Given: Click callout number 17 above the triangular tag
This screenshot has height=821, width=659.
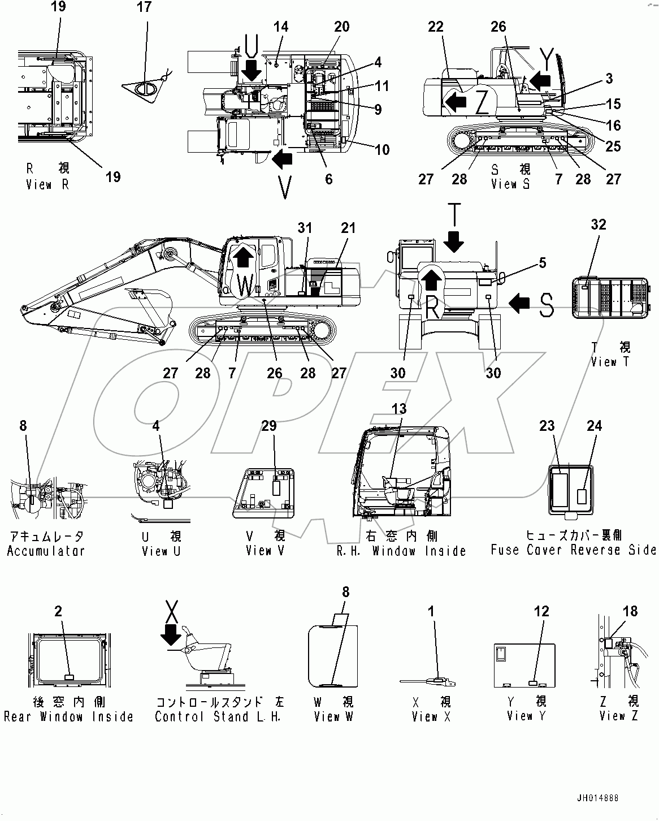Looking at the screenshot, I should tap(145, 7).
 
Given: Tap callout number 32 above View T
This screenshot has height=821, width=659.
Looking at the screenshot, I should tap(599, 224).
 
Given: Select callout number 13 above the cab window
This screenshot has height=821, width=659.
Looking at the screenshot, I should tap(399, 408).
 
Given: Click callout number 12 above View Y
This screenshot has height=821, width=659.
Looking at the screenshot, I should tap(541, 611).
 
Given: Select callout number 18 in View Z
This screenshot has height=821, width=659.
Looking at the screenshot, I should tap(630, 611).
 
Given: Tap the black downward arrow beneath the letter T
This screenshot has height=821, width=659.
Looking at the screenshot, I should tap(453, 243).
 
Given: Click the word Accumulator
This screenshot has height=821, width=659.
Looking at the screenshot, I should tap(46, 551).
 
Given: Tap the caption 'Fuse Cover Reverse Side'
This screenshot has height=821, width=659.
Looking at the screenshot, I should tap(573, 550).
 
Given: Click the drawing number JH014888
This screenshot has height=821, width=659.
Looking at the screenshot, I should tap(597, 799).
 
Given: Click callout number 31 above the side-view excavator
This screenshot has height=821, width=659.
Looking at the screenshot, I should tap(305, 228).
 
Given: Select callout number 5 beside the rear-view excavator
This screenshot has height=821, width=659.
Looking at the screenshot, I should tap(543, 262).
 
